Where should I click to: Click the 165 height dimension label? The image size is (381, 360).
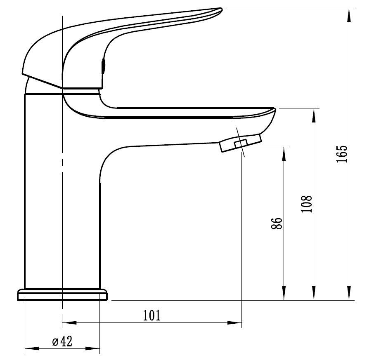[x=342, y=154]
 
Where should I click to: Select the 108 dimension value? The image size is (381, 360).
[x=306, y=204]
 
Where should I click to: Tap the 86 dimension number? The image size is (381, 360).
[x=277, y=224]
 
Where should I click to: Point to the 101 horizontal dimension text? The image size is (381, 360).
[x=151, y=315]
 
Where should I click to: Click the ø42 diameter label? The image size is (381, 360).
[x=62, y=341]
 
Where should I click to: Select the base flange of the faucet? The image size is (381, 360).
[x=62, y=295]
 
